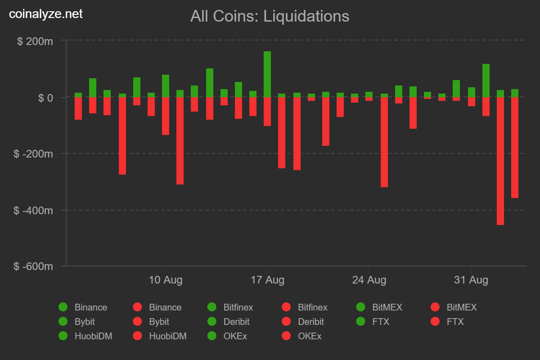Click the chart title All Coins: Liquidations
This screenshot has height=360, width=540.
click(x=270, y=16)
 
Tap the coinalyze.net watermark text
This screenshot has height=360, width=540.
click(x=46, y=14)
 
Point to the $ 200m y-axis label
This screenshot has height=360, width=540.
click(x=35, y=41)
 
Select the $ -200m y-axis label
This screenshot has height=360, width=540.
click(x=33, y=153)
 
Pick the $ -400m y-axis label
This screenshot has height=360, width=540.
click(x=33, y=210)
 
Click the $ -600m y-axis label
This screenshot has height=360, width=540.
click(x=33, y=266)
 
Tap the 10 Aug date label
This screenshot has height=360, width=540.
click(x=166, y=280)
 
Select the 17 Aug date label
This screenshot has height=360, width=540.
click(x=267, y=280)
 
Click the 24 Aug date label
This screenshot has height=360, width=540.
click(x=369, y=280)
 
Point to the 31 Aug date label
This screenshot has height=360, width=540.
click(x=471, y=280)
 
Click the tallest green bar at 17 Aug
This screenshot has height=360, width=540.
click(x=267, y=74)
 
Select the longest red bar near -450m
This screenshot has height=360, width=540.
click(x=500, y=161)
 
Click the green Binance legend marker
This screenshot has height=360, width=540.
click(x=63, y=307)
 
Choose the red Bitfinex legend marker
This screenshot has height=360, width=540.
click(x=286, y=307)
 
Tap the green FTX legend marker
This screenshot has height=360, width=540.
click(x=361, y=322)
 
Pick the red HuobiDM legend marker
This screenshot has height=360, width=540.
click(x=138, y=336)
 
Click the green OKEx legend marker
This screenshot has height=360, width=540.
click(x=212, y=336)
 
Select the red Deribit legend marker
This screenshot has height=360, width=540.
click(x=286, y=322)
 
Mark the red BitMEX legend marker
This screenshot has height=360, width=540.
click(x=435, y=307)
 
